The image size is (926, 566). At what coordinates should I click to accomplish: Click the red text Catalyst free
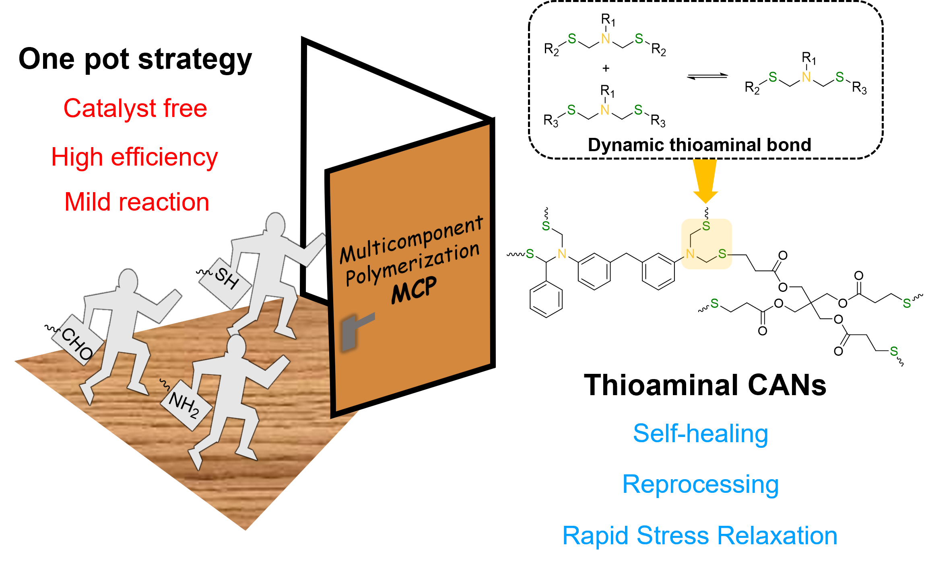(x=135, y=109)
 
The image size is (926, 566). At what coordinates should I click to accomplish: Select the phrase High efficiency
(x=134, y=157)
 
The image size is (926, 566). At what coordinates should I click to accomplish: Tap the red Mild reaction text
(x=137, y=202)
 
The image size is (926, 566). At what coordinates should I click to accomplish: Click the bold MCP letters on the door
(x=414, y=290)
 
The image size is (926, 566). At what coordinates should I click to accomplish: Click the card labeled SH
(x=225, y=283)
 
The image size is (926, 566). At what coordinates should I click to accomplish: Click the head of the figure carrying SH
(x=276, y=225)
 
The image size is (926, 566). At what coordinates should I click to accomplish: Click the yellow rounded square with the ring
(x=706, y=244)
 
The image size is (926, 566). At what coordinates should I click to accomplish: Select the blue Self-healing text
(x=701, y=434)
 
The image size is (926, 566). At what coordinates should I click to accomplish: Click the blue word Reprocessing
(x=700, y=484)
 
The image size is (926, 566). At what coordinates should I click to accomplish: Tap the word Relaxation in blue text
(x=777, y=535)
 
